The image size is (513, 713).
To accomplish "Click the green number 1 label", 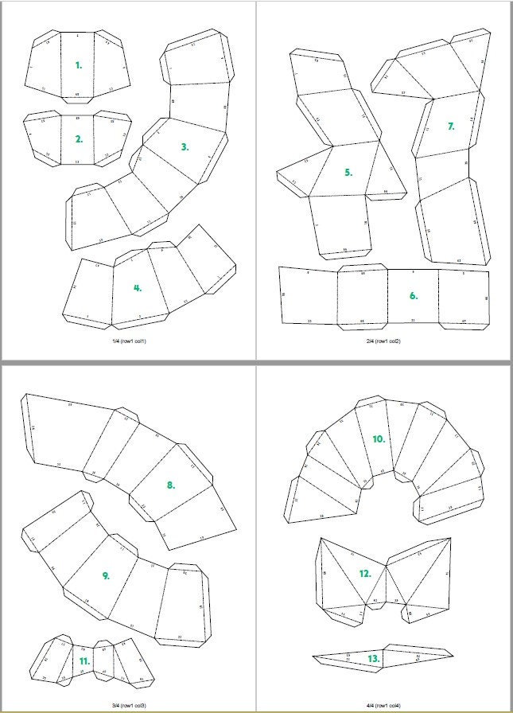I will click(x=78, y=65).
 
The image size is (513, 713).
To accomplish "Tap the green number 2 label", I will click(x=79, y=139).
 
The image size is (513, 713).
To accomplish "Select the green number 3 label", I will click(x=185, y=146).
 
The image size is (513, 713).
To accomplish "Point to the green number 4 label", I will click(x=138, y=288).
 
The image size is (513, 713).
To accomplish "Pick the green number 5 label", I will click(x=348, y=172).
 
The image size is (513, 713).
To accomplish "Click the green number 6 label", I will click(x=414, y=295).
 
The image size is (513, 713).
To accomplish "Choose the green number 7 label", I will click(x=451, y=126).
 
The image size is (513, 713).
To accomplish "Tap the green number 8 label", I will click(x=170, y=485).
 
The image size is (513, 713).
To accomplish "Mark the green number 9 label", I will click(x=106, y=575).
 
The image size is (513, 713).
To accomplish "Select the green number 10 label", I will click(x=379, y=438).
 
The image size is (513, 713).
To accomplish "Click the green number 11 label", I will click(x=85, y=660).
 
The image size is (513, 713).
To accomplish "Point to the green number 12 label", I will click(x=365, y=573).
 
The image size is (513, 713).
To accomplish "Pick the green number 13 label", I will click(x=373, y=659).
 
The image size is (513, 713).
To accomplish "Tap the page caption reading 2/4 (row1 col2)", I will click(x=384, y=341).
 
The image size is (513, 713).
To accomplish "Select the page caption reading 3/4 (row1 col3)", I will click(x=129, y=705).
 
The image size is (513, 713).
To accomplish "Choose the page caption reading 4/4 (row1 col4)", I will click(x=384, y=705).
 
